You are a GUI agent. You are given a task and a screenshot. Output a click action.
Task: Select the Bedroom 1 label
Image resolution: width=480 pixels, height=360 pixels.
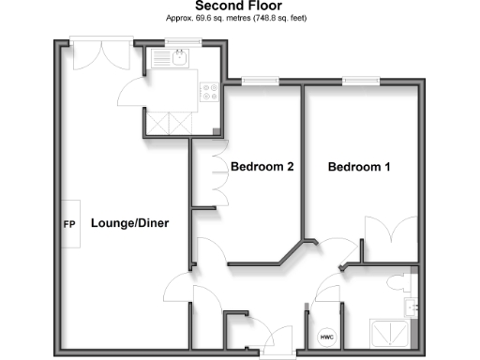[359, 167]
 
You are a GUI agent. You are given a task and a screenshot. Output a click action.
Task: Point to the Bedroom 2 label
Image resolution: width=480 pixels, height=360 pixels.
[262, 167]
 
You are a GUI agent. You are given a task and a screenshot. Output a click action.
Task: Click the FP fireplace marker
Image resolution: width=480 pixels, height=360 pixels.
[68, 225]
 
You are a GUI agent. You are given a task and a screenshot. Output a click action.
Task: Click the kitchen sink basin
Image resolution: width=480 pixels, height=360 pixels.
[182, 59]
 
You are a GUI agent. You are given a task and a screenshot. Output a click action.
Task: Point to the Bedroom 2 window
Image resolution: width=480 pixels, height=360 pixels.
[256, 81]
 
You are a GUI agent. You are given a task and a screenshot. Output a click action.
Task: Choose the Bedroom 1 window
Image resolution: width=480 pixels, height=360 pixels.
[359, 81]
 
